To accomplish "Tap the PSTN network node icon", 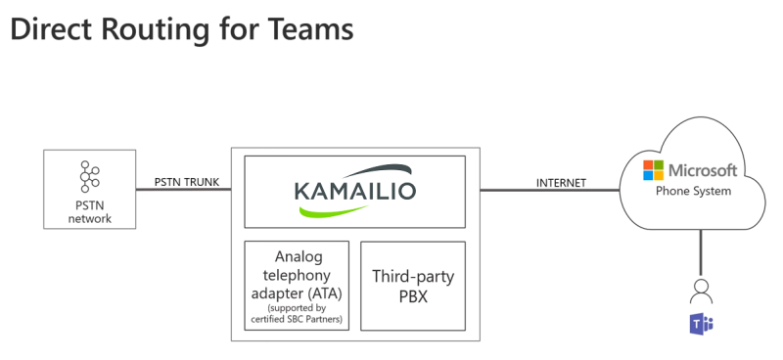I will pos(90,177).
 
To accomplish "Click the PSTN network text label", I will pos(89,211).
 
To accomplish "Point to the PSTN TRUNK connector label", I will pos(186,182).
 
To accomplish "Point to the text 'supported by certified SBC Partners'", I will pos(296,315).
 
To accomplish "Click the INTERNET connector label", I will pos(561,182).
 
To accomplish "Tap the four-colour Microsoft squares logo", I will pos(653,171).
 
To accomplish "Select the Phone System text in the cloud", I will pos(692,191).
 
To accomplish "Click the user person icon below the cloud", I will pos(700,291).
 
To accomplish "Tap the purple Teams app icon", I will pos(700,325).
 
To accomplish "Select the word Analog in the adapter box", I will pos(296,257).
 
